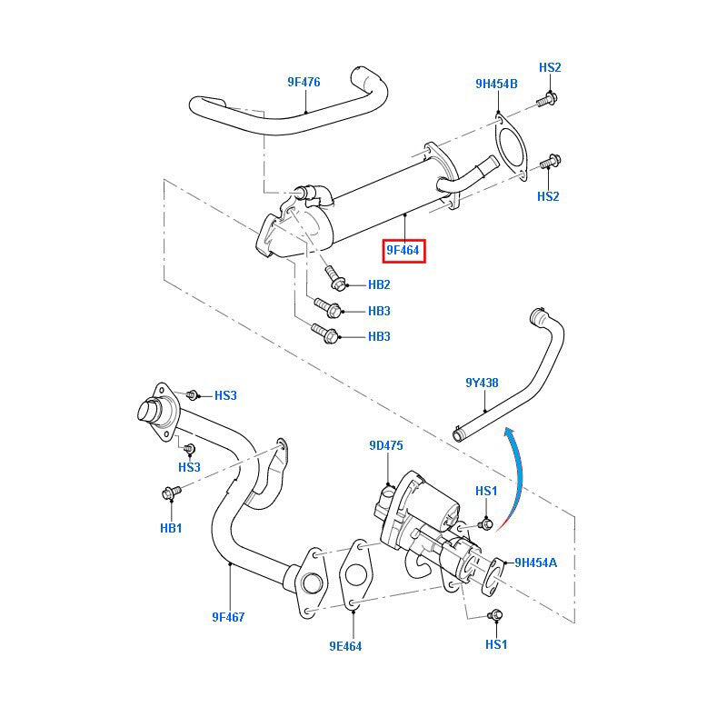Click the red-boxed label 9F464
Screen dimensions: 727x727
pyautogui.click(x=403, y=249)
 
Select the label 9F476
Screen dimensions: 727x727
pyautogui.click(x=304, y=82)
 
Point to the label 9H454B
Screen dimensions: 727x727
pyautogui.click(x=496, y=84)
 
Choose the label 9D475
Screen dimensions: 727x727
pyautogui.click(x=385, y=445)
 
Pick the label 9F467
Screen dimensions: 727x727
pyautogui.click(x=228, y=617)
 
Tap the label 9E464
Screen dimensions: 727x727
pyautogui.click(x=346, y=646)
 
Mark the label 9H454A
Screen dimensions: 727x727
pyautogui.click(x=535, y=563)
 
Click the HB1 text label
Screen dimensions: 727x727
pyautogui.click(x=171, y=528)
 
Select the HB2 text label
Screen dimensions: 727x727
pyautogui.click(x=379, y=284)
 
